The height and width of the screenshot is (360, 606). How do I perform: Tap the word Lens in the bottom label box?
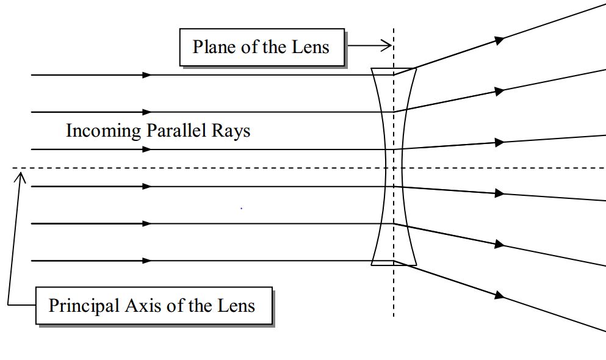[235, 305]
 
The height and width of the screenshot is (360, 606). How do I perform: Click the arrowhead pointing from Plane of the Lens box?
[386, 45]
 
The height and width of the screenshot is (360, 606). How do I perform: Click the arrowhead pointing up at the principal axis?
[21, 177]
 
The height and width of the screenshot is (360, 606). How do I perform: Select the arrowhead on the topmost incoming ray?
[146, 75]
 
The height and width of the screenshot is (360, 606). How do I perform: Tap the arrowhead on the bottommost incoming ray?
[146, 261]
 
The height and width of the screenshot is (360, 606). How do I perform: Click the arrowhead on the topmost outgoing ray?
[500, 40]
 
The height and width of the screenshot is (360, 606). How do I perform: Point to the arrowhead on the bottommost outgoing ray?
[500, 295]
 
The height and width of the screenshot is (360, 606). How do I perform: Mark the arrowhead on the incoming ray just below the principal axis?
[146, 186]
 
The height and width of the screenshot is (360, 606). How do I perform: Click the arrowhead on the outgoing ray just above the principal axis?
[500, 143]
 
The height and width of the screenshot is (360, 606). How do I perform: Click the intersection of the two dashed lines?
[394, 168]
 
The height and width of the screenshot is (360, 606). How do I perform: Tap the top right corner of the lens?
[416, 69]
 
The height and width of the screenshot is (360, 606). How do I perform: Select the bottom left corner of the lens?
[372, 265]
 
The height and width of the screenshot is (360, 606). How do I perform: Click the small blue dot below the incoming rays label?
[242, 209]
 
